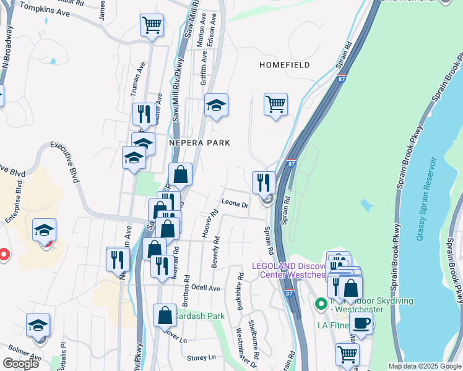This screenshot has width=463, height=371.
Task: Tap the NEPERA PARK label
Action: (199, 143)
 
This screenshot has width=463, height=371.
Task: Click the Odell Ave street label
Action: (206, 288)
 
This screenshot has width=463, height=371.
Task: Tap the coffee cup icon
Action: (361, 322)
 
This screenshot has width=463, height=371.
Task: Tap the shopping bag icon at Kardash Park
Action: (165, 315)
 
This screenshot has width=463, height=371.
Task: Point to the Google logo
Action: (21, 364)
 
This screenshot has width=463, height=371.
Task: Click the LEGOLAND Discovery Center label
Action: (288, 270)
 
